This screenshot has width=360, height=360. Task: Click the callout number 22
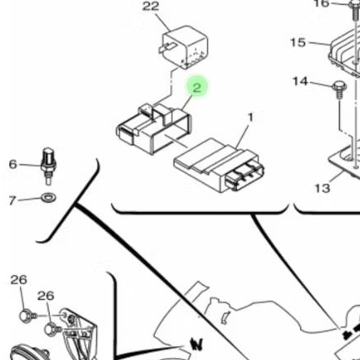(150, 6)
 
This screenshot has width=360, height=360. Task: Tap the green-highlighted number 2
(196, 87)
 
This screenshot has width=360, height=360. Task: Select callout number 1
(250, 117)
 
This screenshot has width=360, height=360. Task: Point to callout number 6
(12, 165)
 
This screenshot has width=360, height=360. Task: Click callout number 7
(12, 200)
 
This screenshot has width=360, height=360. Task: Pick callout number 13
(323, 189)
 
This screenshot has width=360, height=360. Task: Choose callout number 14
(300, 81)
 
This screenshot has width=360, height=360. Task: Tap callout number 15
(298, 42)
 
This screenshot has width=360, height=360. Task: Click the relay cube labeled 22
(185, 47)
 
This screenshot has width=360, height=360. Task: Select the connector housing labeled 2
(154, 129)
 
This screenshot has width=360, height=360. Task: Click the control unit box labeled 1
(219, 165)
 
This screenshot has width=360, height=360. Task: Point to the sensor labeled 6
(48, 165)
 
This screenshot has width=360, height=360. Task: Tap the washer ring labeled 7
(48, 197)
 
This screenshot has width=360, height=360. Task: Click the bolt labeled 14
(339, 89)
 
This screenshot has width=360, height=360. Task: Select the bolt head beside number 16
(355, 4)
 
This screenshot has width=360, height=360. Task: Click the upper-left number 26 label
(19, 280)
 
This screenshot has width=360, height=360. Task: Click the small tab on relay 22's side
(167, 47)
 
